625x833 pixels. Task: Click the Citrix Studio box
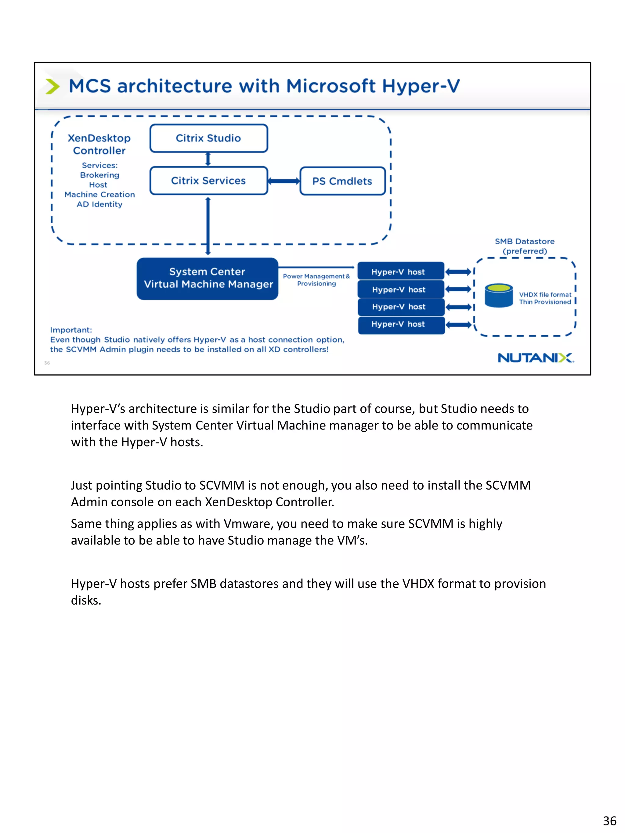click(208, 138)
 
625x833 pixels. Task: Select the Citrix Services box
click(208, 181)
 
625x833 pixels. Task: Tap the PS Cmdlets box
click(342, 181)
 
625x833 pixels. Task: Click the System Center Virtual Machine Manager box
click(207, 278)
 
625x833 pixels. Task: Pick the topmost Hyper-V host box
click(401, 271)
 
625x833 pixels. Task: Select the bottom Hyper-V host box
click(401, 324)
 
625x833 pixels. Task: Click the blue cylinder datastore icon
click(498, 296)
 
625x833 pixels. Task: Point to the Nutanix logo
click(535, 358)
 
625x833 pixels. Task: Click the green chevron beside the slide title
click(52, 86)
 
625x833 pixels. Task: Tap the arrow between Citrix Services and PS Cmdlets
click(284, 181)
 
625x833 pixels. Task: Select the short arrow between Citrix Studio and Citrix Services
click(208, 159)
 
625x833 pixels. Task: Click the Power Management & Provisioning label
click(316, 280)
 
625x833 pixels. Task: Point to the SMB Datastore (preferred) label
click(524, 246)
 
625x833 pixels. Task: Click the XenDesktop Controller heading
click(99, 144)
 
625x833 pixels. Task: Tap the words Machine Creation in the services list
click(99, 194)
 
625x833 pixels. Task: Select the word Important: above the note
click(71, 330)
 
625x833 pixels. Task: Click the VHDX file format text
click(545, 294)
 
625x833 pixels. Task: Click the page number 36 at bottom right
click(609, 820)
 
